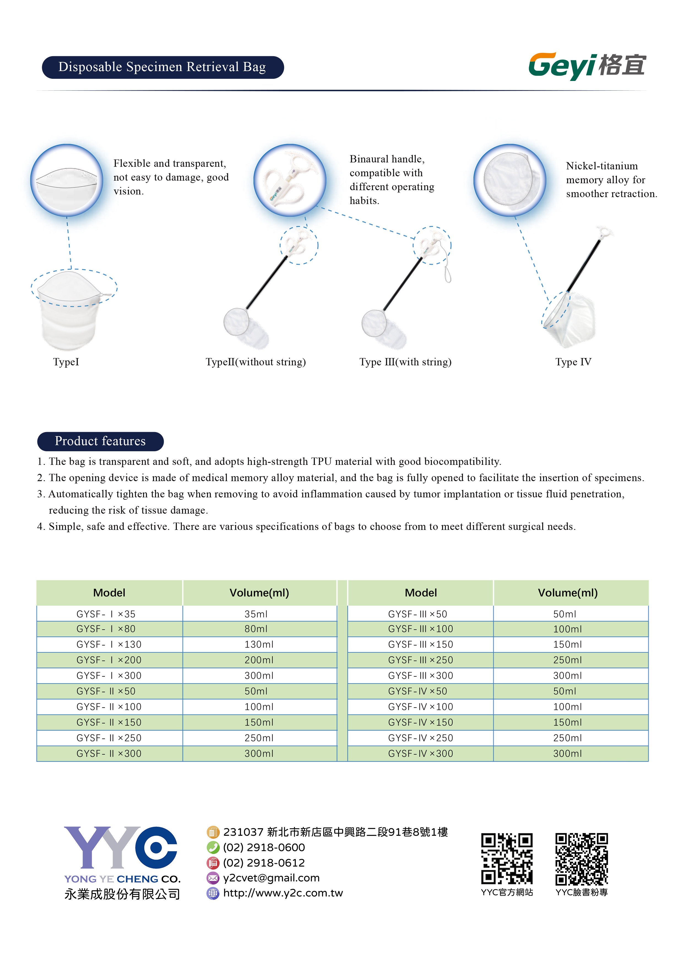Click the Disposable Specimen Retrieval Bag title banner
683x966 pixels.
(x=162, y=67)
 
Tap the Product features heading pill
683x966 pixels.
(x=100, y=441)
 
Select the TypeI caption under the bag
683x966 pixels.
(x=66, y=362)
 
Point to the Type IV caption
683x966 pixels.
(x=573, y=362)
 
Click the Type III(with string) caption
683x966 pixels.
(x=405, y=362)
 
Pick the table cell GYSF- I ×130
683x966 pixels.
(x=109, y=644)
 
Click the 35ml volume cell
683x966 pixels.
(x=256, y=614)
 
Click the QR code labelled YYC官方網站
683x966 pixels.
(x=507, y=858)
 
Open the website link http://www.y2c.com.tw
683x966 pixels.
(x=283, y=893)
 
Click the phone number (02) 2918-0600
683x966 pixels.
(x=264, y=847)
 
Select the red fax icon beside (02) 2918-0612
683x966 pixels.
(x=213, y=863)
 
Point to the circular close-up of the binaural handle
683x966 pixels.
(x=289, y=180)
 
